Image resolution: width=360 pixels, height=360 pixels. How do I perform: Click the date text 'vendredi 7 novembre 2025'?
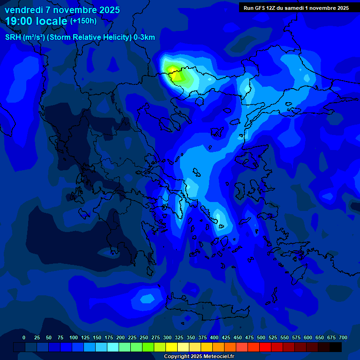tap(62, 10)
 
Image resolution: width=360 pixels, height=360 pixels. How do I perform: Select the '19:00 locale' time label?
tap(37, 21)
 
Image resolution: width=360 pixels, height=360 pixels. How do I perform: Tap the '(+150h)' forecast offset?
tap(83, 21)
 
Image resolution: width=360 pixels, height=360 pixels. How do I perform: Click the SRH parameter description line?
tap(80, 37)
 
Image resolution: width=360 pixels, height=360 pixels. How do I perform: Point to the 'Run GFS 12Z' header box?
tap(296, 8)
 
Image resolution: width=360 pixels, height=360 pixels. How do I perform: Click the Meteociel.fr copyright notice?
tap(199, 356)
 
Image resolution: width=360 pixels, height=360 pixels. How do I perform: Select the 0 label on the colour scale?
tap(24, 337)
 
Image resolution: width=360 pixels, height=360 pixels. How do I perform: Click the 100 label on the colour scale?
tap(73, 337)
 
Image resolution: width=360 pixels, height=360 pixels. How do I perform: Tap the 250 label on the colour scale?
tap(144, 337)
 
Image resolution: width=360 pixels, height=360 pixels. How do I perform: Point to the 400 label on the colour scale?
tap(214, 337)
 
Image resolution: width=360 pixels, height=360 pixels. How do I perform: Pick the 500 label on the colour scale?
tap(261, 337)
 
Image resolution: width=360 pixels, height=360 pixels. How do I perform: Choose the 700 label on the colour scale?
tap(343, 337)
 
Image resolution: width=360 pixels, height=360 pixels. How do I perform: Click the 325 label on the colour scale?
tap(179, 337)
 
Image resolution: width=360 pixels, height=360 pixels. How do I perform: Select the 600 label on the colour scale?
tap(308, 337)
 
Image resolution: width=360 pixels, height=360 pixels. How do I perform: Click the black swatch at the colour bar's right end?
tap(336, 347)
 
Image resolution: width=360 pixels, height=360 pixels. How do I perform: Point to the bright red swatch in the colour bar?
tap(265, 347)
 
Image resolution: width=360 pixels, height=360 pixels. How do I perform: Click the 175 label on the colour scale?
tap(109, 337)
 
